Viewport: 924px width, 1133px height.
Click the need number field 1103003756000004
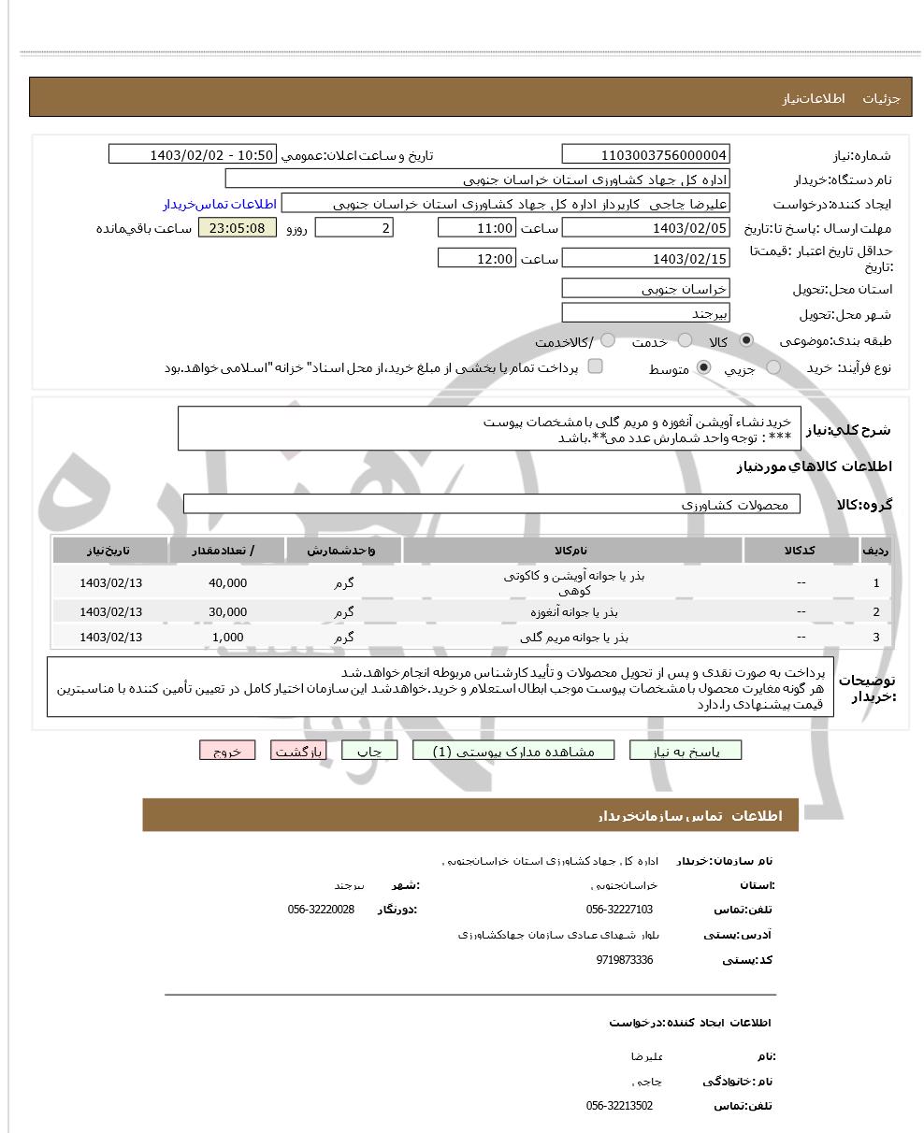tap(645, 155)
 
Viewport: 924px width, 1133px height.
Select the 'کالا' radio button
tap(746, 341)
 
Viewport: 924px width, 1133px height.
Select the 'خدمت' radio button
tap(686, 341)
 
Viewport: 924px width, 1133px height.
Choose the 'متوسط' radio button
tap(704, 368)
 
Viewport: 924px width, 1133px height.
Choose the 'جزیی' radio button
tap(773, 368)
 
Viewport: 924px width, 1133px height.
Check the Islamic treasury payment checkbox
tap(595, 366)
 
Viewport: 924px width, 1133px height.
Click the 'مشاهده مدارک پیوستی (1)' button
tap(513, 751)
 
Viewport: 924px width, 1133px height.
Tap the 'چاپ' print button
tap(369, 751)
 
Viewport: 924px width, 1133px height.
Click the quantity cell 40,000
tap(227, 583)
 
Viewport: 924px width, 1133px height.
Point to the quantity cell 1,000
tap(227, 638)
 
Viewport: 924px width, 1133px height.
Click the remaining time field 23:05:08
tap(238, 228)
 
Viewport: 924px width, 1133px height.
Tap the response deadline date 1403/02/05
tap(645, 228)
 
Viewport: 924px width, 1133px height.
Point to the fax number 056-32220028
tap(321, 910)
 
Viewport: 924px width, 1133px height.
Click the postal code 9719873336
tap(624, 960)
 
